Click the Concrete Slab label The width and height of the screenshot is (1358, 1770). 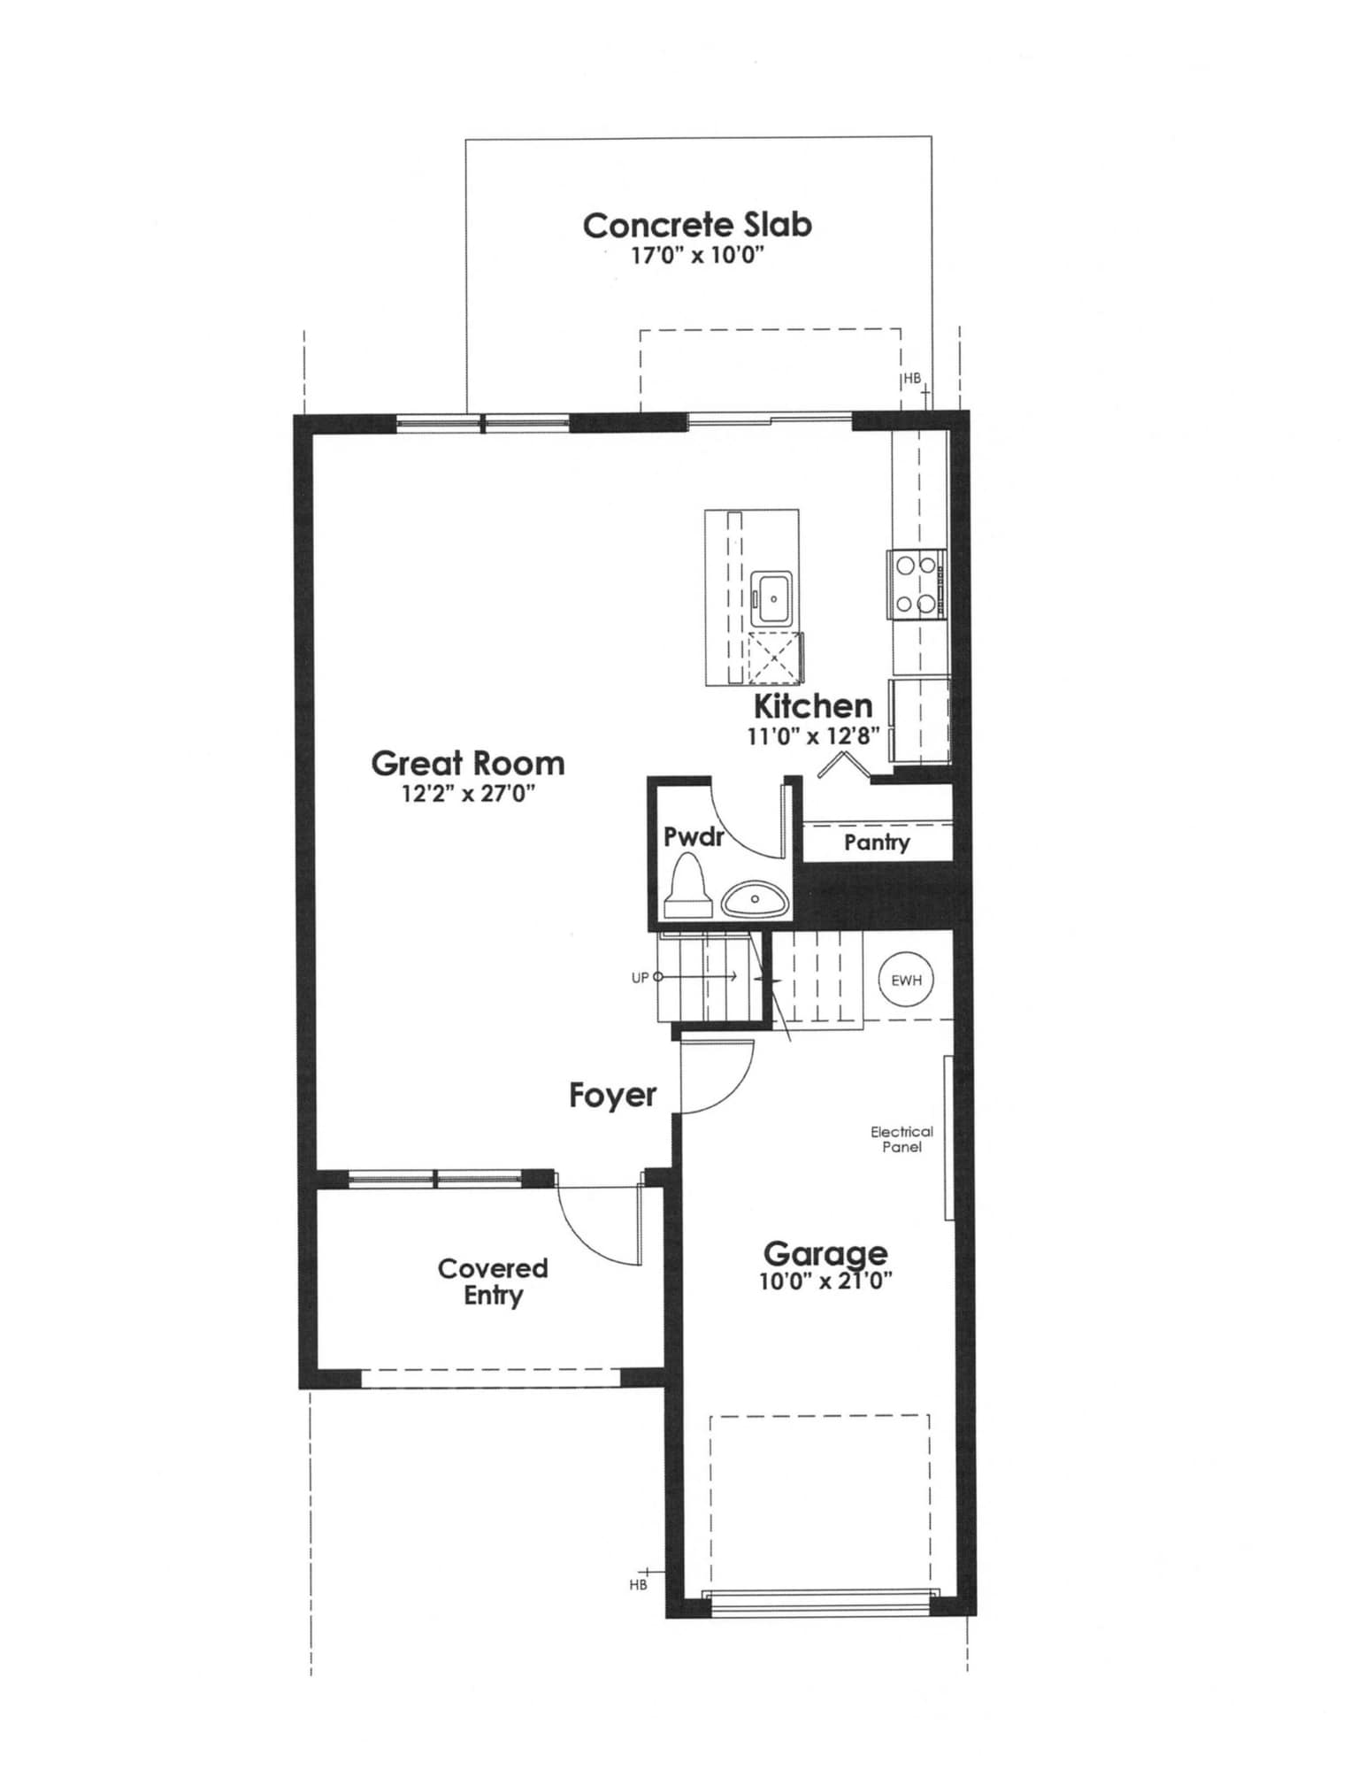tap(697, 225)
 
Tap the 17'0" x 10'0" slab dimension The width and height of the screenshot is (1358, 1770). tap(697, 257)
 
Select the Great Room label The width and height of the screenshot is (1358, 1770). tap(467, 763)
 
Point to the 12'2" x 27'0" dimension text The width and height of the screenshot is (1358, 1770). tap(468, 793)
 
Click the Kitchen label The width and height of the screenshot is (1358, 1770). tap(812, 706)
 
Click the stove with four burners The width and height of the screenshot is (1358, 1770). tap(916, 584)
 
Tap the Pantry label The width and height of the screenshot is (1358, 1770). tap(876, 842)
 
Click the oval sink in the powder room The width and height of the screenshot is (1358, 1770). tap(755, 900)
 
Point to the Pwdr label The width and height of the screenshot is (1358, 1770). tap(694, 836)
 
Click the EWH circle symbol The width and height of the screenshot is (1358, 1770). tap(906, 980)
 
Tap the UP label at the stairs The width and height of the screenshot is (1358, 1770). tap(640, 978)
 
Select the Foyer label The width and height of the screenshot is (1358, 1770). tap(612, 1096)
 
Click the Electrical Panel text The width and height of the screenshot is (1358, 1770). tap(901, 1139)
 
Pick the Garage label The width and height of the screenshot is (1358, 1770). tap(825, 1253)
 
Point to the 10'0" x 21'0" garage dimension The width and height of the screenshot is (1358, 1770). tap(825, 1281)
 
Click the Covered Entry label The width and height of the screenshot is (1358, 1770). tap(493, 1281)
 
